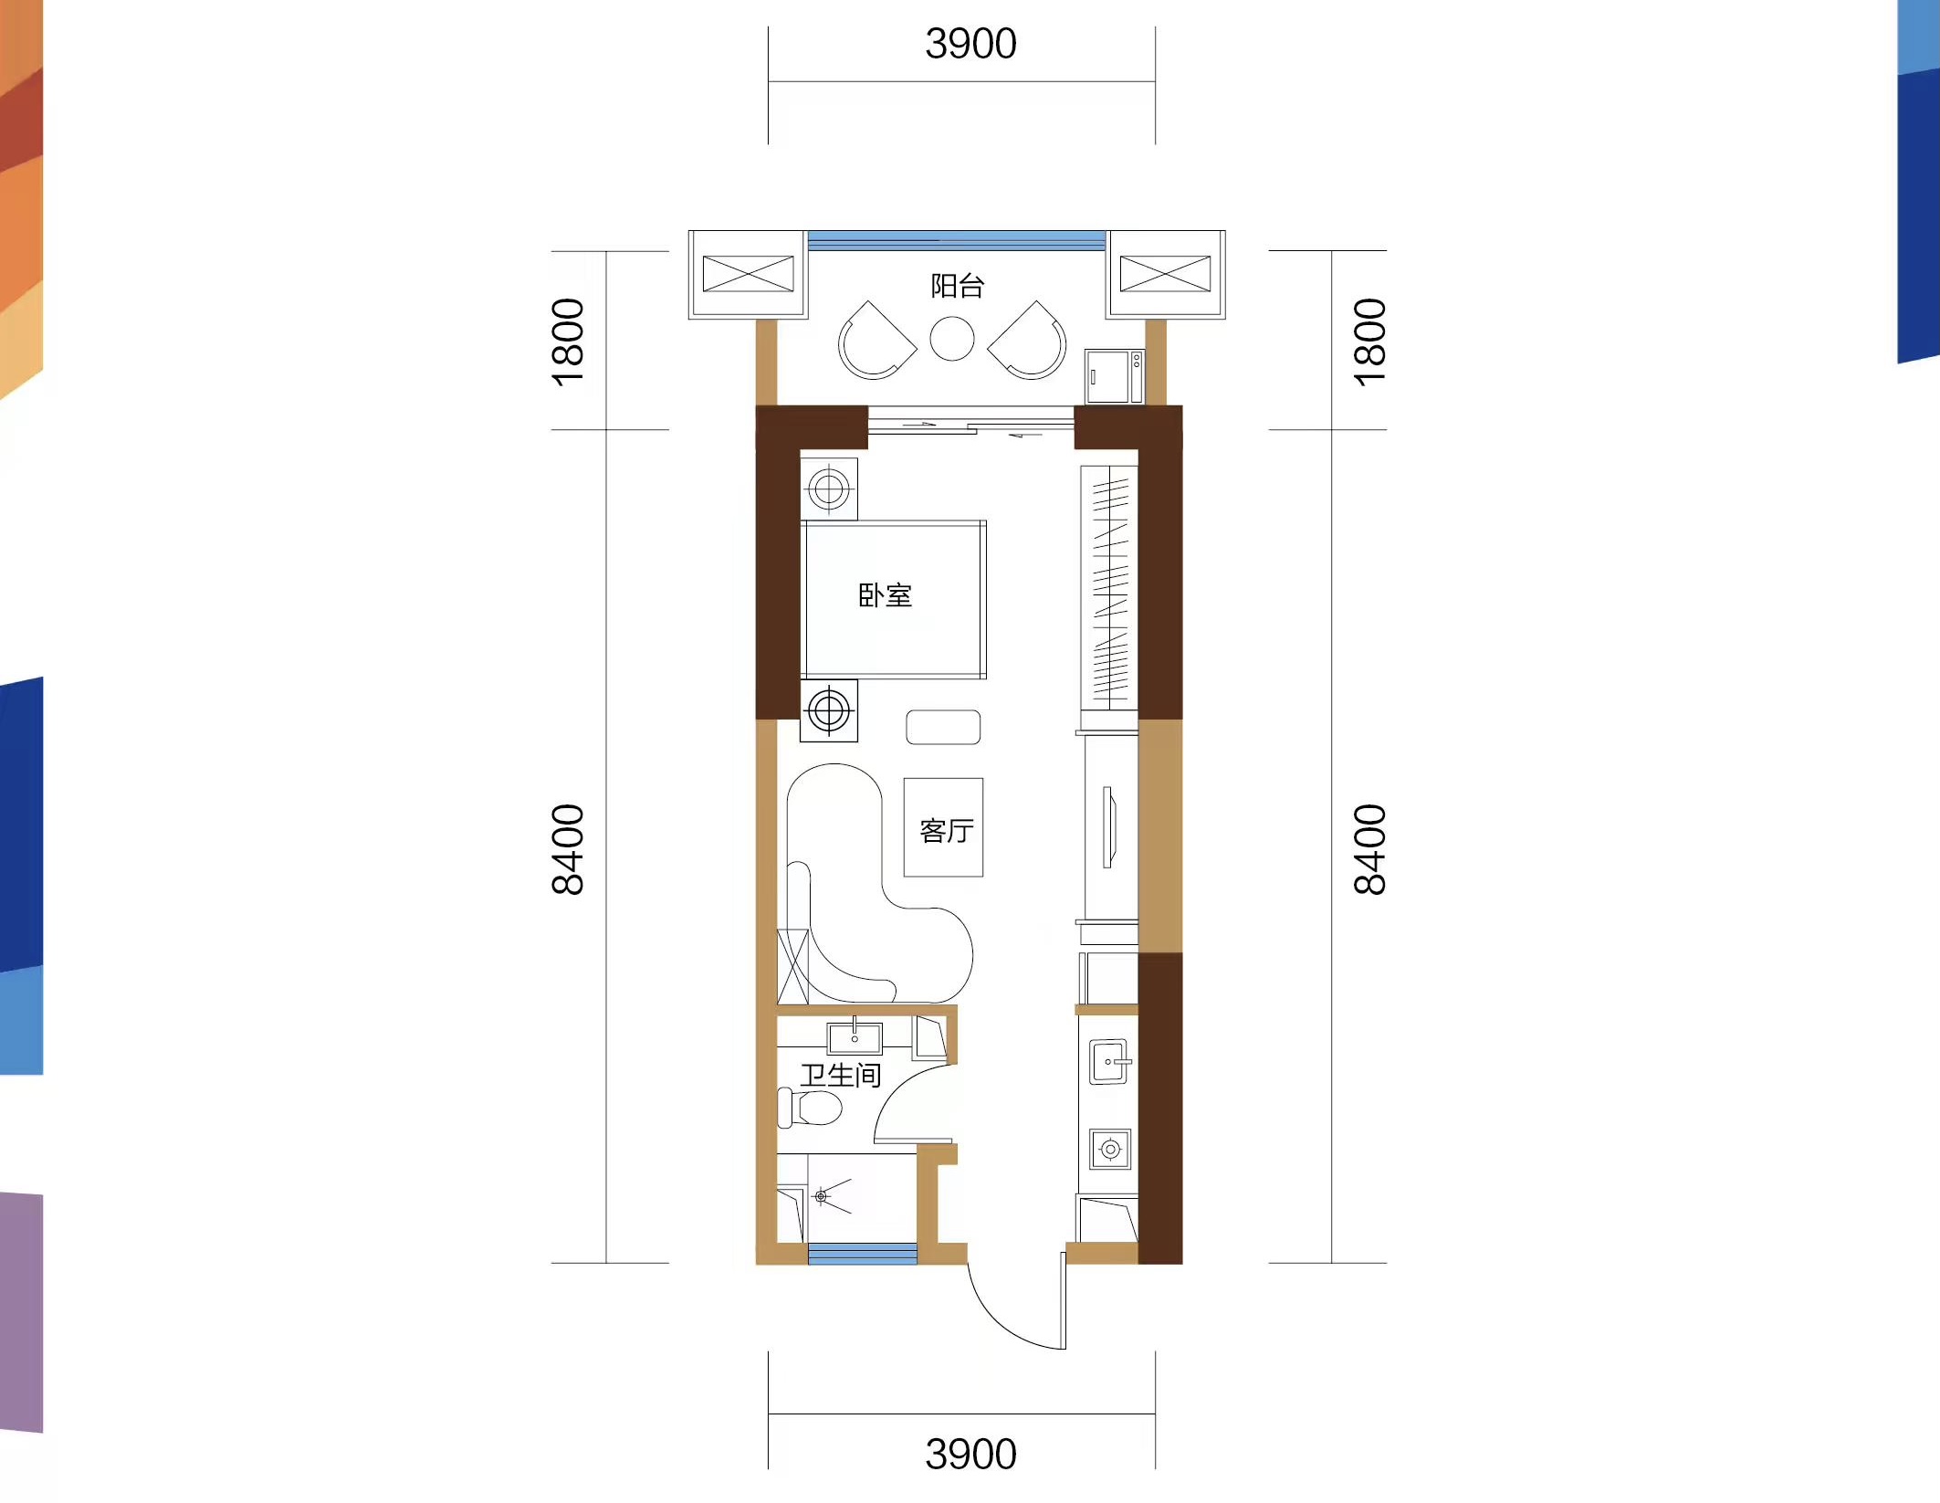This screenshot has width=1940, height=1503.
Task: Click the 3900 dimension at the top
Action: point(970,44)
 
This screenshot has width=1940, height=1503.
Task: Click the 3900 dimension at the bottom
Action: point(970,1454)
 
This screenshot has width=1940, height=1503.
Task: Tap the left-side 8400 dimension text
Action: point(568,849)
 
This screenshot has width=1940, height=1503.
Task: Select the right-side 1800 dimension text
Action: point(1369,342)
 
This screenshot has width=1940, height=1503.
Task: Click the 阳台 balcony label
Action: point(957,286)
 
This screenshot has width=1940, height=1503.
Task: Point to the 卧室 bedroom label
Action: point(885,595)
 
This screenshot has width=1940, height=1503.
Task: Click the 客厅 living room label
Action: point(947,831)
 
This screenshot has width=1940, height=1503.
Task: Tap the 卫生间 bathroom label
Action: point(841,1075)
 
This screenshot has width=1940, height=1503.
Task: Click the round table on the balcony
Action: point(952,339)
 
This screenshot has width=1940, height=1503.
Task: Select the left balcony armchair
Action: point(875,341)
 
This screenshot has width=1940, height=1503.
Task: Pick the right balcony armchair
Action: point(1029,341)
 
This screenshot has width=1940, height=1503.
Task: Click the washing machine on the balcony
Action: point(1114,375)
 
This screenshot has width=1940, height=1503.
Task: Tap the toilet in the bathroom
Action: point(810,1107)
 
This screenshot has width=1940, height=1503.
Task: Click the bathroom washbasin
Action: point(855,1038)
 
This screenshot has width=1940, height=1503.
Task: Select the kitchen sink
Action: point(1110,1062)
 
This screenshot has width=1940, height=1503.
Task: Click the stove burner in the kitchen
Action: point(1110,1149)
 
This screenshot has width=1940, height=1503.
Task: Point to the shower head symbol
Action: point(821,1196)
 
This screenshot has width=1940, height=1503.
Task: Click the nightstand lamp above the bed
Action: point(829,489)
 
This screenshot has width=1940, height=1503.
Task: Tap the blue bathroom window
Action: point(863,1253)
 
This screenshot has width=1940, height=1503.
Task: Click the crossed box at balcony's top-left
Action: point(749,274)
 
